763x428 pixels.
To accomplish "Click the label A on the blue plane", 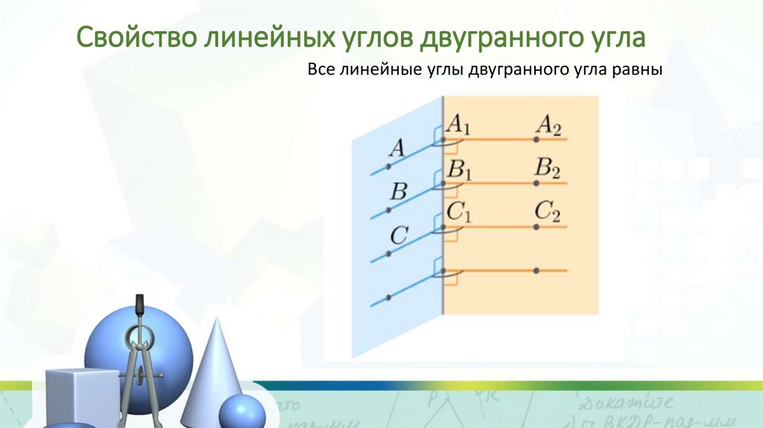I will pyautogui.click(x=397, y=149).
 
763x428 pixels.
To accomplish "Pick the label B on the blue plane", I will pyautogui.click(x=399, y=192).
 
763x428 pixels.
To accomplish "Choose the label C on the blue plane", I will pyautogui.click(x=398, y=236).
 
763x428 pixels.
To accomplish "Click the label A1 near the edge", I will pyautogui.click(x=458, y=125).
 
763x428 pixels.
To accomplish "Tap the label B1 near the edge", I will pyautogui.click(x=459, y=169).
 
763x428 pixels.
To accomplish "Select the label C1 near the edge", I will pyautogui.click(x=459, y=213).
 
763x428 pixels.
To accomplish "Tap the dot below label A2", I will pyautogui.click(x=536, y=139).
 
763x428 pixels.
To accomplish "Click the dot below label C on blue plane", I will pyautogui.click(x=388, y=254).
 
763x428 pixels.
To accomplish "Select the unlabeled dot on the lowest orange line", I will pyautogui.click(x=536, y=270).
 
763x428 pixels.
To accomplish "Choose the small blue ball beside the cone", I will pyautogui.click(x=241, y=412).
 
